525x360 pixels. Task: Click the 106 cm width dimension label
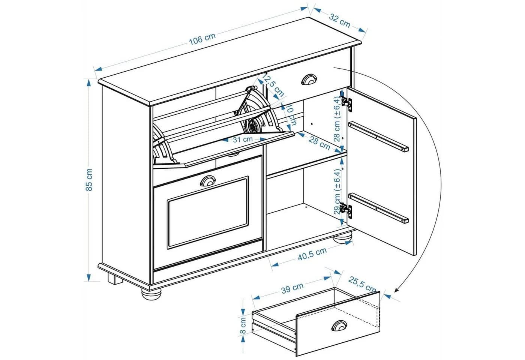202,39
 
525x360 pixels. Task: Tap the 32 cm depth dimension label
340,21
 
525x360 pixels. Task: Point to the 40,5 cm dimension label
312,253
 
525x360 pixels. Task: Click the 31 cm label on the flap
243,139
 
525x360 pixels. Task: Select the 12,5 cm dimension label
273,85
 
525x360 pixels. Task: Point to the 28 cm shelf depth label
319,143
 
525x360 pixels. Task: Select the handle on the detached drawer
339,325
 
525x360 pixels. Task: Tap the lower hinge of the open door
346,209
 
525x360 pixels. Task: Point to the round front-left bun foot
151,294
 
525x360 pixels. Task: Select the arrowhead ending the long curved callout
397,289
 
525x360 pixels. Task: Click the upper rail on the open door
378,136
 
